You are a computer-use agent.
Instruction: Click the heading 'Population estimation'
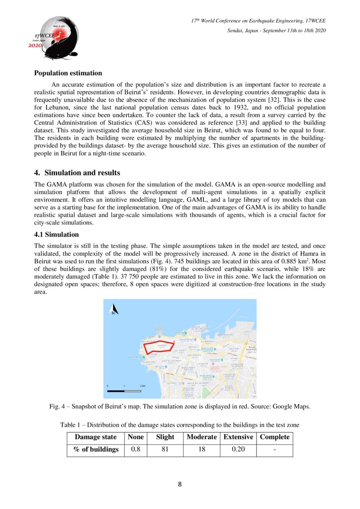click(x=68, y=73)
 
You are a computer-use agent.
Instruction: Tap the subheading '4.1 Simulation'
click(x=57, y=235)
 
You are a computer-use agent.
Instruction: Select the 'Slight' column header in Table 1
click(x=165, y=437)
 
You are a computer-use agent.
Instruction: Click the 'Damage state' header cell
click(x=96, y=437)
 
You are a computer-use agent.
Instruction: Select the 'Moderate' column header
click(x=202, y=437)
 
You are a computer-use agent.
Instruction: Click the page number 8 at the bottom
click(x=180, y=484)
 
